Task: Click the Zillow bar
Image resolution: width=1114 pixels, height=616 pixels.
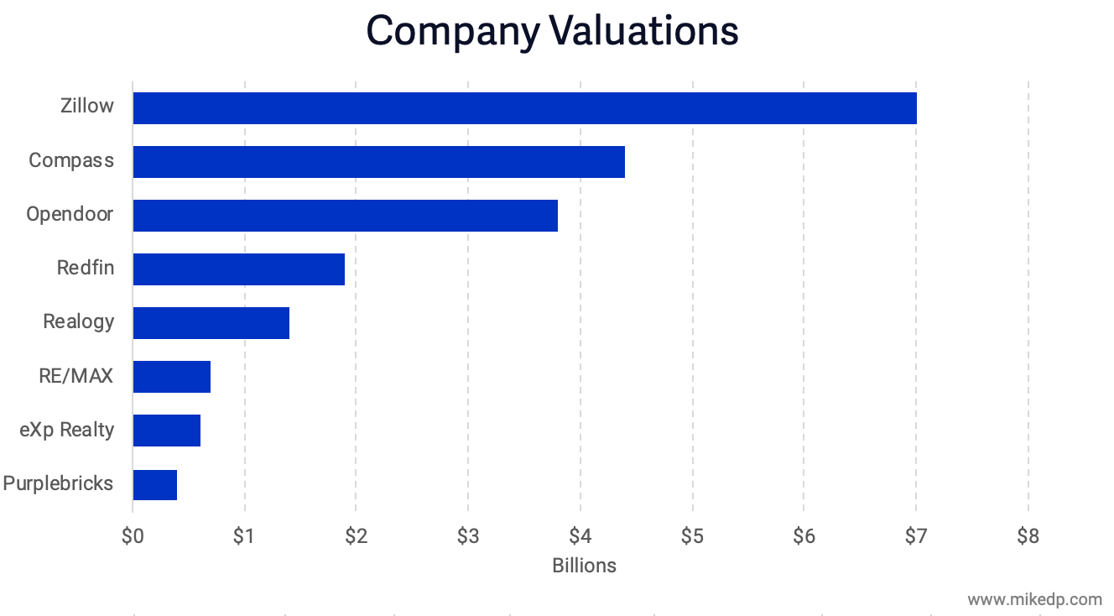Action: pos(524,108)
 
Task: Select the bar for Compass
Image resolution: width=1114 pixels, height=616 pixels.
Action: pos(378,162)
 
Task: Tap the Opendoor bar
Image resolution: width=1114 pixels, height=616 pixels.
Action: pos(345,216)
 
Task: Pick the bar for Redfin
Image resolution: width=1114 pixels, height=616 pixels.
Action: pos(238,269)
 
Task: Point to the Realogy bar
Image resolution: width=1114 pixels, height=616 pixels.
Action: pos(211,323)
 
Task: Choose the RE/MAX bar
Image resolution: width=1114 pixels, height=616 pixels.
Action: pos(171,377)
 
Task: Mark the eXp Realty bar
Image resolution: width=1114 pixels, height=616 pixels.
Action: pos(166,431)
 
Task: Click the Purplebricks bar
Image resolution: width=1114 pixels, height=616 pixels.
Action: pos(154,484)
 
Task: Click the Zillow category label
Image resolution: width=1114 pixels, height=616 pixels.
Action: pos(86,107)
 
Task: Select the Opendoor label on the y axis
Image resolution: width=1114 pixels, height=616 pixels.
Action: pos(70,214)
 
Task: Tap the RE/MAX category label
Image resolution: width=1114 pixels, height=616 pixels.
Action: pos(75,375)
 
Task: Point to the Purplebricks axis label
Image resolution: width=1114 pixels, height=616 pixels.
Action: pos(58,483)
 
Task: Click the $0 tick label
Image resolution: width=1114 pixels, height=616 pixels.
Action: pos(133,536)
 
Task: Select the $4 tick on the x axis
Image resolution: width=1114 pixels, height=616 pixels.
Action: pos(580,536)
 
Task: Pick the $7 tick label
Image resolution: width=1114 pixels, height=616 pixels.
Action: pos(915,536)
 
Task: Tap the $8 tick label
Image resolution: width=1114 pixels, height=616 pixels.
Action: pos(1028,536)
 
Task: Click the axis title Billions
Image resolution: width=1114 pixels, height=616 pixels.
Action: pos(584,566)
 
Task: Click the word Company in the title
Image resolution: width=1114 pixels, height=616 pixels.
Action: pos(453,31)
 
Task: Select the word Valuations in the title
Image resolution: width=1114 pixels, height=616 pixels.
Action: pos(644,31)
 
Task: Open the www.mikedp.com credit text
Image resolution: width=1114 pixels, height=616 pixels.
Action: pos(1034,599)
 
